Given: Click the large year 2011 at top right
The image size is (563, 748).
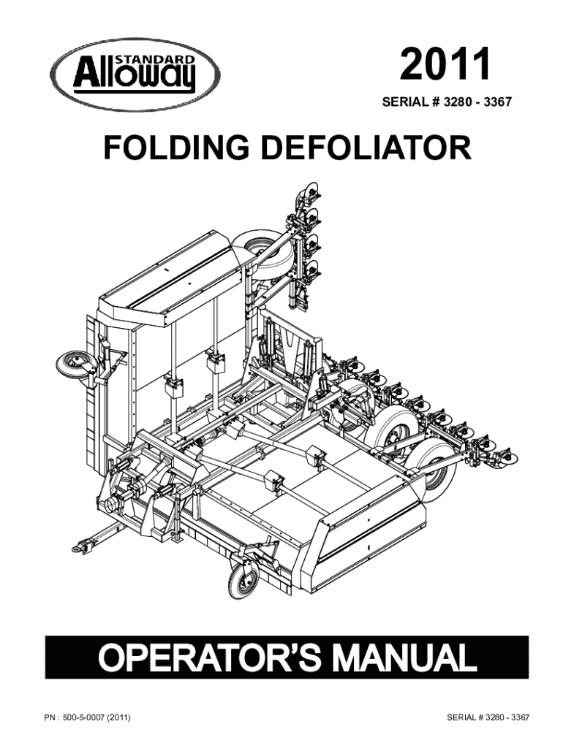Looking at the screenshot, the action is pyautogui.click(x=445, y=64).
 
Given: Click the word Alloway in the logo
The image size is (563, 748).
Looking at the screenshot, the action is pyautogui.click(x=135, y=75).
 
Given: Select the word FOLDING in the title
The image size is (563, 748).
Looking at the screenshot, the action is pyautogui.click(x=176, y=148).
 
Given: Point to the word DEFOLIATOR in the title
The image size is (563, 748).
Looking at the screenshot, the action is pyautogui.click(x=366, y=148).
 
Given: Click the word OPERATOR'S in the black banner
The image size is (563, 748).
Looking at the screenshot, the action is pyautogui.click(x=209, y=657).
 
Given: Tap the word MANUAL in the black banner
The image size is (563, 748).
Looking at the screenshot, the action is pyautogui.click(x=405, y=657).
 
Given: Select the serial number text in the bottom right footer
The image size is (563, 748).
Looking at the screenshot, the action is pyautogui.click(x=488, y=717).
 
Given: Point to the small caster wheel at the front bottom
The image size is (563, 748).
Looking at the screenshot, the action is pyautogui.click(x=243, y=579).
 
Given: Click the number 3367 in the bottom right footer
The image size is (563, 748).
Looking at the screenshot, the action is pyautogui.click(x=520, y=717).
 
